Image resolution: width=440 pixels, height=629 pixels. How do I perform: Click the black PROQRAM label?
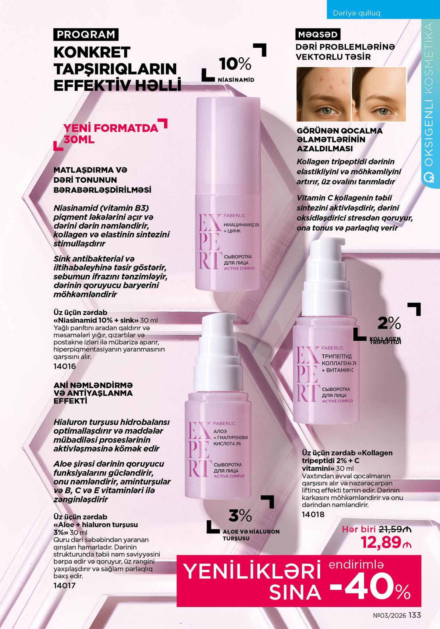(x=86, y=35)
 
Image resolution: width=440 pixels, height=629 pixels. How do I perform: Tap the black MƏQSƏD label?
(x=318, y=35)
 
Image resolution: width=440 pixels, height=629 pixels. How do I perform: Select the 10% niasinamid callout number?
(x=235, y=64)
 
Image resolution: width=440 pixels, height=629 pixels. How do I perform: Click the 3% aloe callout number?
(x=240, y=516)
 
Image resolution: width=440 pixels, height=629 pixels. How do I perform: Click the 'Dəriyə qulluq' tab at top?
(x=356, y=13)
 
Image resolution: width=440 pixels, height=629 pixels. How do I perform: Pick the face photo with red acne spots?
(x=324, y=94)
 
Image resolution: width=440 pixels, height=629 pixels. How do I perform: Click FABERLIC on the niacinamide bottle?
(x=234, y=216)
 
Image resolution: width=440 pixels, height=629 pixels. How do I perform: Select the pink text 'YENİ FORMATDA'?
(x=111, y=128)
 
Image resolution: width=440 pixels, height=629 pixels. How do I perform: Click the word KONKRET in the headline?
(x=92, y=52)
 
